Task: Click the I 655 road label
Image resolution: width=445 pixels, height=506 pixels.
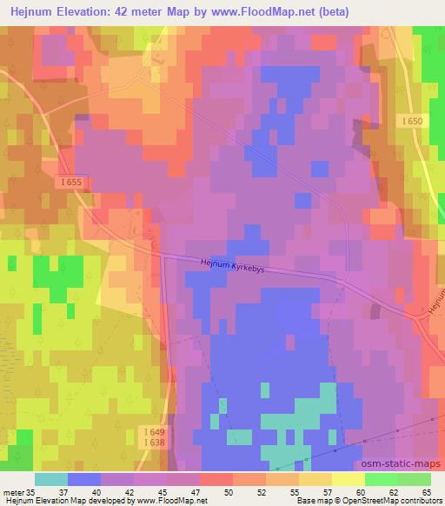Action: [74, 181]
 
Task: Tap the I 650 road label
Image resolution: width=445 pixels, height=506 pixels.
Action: [413, 122]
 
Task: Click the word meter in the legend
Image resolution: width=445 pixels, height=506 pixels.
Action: [14, 492]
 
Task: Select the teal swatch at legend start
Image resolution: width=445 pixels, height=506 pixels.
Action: [51, 479]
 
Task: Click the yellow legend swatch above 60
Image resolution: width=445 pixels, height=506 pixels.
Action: [349, 479]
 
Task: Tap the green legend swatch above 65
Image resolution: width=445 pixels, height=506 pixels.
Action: [415, 479]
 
